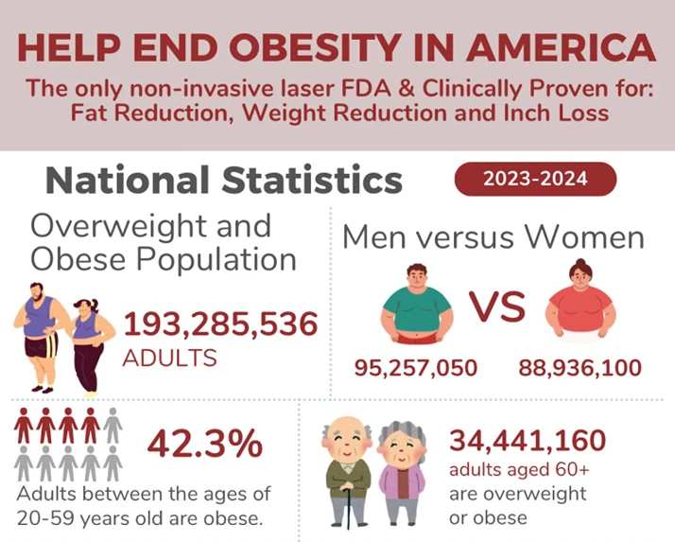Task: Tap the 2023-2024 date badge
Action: pos(535,179)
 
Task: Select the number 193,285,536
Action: pos(220,324)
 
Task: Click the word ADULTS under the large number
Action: pos(170,358)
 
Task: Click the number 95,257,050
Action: pos(415,368)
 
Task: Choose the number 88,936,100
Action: pos(580,368)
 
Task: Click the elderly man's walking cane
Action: pos(350,505)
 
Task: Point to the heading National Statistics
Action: pos(224,179)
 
